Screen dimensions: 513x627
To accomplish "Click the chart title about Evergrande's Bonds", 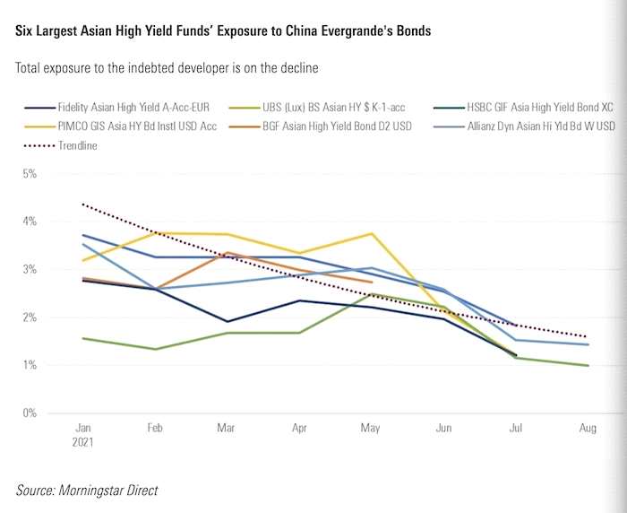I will [x=223, y=31].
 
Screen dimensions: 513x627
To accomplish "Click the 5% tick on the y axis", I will [x=30, y=173].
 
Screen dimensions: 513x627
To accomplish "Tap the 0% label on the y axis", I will [x=30, y=413].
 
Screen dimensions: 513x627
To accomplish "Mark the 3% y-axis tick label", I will [x=30, y=269].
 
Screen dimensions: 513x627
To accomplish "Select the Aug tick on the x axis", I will [x=588, y=430].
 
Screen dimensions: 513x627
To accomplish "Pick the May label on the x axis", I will [x=372, y=430].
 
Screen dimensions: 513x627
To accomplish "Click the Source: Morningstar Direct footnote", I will [x=87, y=491].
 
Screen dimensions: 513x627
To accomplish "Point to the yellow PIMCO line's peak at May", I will [x=372, y=233].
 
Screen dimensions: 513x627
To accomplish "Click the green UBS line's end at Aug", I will [x=588, y=366].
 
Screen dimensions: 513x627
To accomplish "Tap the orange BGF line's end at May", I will [x=372, y=282].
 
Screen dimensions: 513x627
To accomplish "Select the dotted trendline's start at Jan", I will [x=82, y=204].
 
